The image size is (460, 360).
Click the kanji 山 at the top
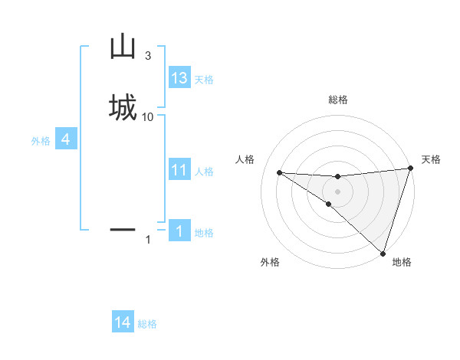click(123, 47)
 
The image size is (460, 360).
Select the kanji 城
click(123, 106)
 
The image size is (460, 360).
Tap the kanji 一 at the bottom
click(123, 228)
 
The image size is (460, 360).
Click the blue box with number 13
click(179, 78)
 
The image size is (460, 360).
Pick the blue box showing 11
click(179, 170)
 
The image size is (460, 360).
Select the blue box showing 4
click(66, 139)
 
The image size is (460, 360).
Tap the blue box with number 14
click(123, 322)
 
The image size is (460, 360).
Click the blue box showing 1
click(179, 231)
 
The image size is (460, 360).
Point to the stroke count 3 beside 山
click(147, 56)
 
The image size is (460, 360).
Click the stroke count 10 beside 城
click(148, 116)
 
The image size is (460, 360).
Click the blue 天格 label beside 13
click(204, 80)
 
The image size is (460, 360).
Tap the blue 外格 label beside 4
click(40, 141)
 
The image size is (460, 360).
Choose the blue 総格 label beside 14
click(147, 324)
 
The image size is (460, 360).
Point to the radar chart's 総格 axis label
click(338, 100)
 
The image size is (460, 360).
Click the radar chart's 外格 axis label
click(270, 262)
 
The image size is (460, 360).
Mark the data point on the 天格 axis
click(410, 169)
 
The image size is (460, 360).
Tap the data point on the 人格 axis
click(279, 172)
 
